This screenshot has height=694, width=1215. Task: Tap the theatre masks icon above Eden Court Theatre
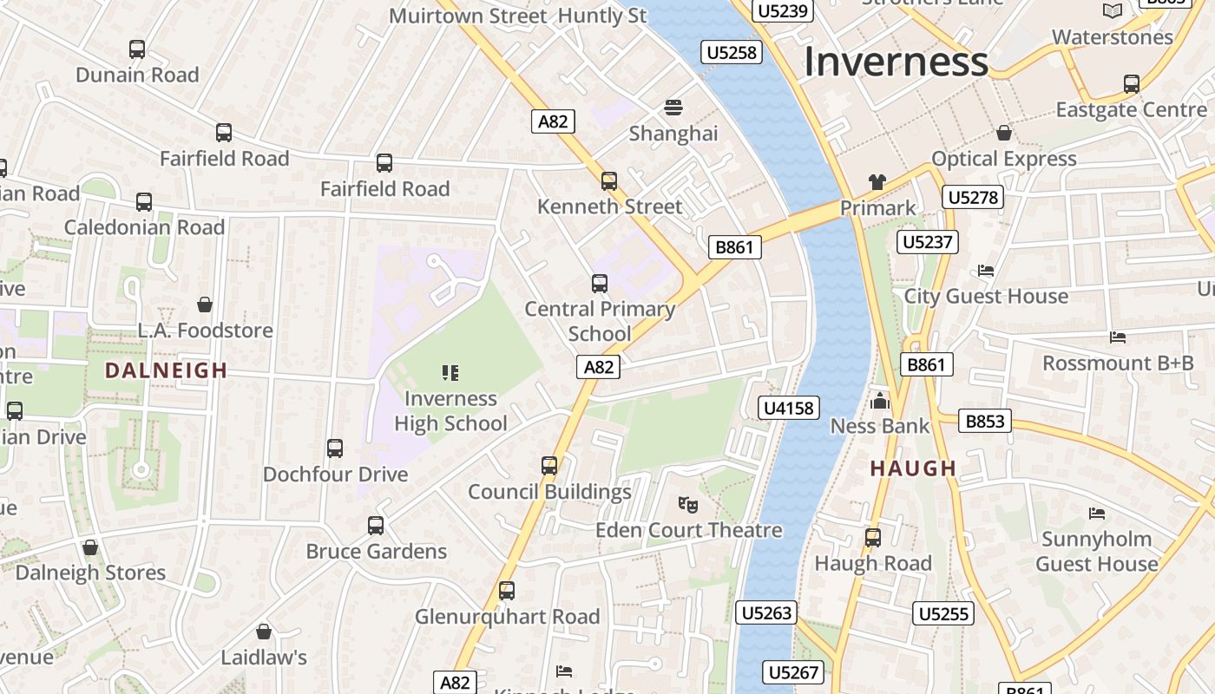(687, 503)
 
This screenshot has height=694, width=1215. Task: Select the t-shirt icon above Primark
(877, 182)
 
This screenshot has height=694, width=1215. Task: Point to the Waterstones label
(1112, 37)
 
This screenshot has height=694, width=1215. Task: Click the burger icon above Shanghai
(673, 108)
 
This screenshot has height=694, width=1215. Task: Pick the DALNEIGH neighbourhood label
(166, 370)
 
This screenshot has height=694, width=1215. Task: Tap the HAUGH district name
(913, 468)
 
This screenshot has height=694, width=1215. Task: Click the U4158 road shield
(789, 408)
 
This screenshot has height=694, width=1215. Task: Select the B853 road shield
(985, 422)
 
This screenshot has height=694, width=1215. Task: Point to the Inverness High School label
(450, 411)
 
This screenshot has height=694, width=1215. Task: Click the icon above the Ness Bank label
(880, 401)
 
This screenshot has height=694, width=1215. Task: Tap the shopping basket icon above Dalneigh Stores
(90, 547)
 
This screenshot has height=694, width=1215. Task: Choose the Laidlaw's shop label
(264, 658)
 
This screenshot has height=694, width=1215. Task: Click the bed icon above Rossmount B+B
(1118, 337)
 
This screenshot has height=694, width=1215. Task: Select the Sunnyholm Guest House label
(1097, 551)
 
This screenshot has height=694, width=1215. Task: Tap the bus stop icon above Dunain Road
(137, 49)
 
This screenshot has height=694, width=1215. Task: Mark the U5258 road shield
(732, 53)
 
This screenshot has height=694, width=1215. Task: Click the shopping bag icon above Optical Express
(1004, 133)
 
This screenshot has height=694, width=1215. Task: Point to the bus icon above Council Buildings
(549, 466)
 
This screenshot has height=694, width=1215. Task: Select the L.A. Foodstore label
(206, 331)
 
